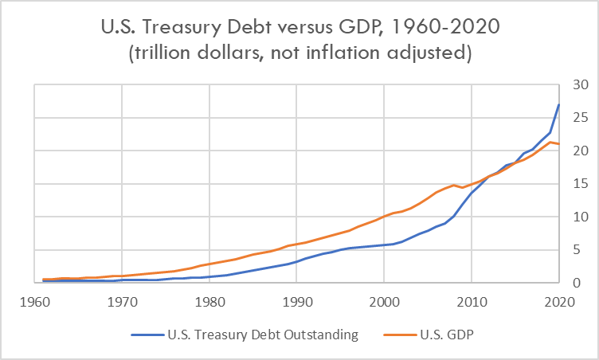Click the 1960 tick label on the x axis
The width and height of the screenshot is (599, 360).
[x=34, y=302]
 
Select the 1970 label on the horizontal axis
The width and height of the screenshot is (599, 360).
[x=122, y=302]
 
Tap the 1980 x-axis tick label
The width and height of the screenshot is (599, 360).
[x=209, y=302]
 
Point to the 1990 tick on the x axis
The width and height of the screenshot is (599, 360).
[x=296, y=302]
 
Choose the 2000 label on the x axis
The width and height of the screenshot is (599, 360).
[x=384, y=302]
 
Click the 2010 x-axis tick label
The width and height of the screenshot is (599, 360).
[x=471, y=302]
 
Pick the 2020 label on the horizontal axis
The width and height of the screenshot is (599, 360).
[x=558, y=302]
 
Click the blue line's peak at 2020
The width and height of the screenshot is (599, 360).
[x=558, y=104]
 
